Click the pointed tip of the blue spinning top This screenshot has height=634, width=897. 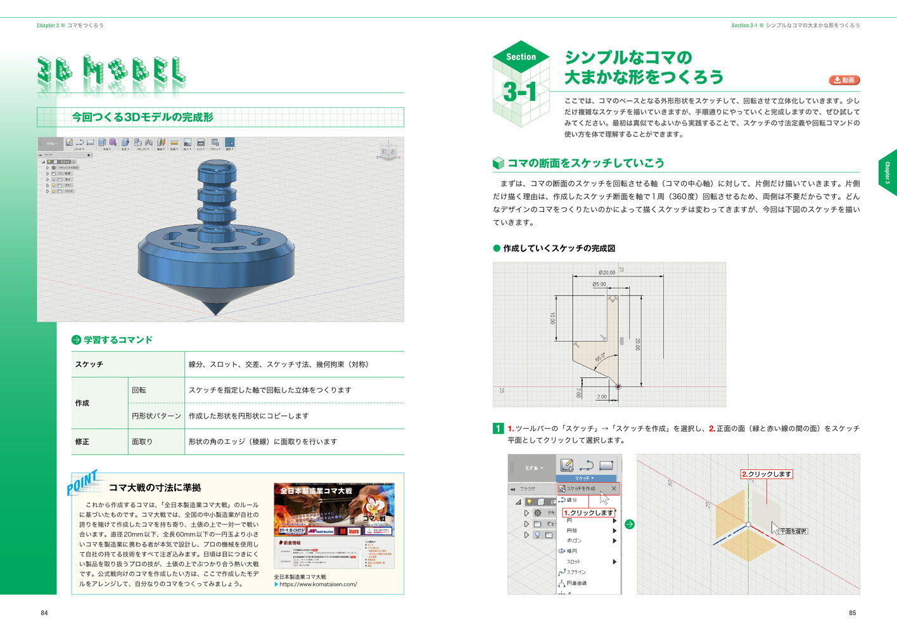(216, 313)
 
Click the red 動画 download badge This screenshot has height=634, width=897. (844, 81)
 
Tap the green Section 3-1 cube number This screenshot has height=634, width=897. (519, 92)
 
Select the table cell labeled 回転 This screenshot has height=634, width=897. (139, 391)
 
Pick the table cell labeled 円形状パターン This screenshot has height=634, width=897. (156, 417)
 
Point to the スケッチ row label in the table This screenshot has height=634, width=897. (89, 365)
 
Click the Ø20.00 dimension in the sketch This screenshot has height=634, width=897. (607, 273)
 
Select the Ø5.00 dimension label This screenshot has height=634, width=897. (599, 285)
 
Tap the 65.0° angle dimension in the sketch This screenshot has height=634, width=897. (600, 358)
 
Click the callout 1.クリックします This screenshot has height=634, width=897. (588, 513)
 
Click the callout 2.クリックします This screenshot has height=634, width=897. (767, 474)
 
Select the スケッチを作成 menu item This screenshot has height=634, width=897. (581, 489)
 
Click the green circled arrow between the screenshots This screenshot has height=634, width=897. (630, 524)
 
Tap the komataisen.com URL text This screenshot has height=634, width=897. (318, 585)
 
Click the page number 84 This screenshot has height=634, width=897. (44, 613)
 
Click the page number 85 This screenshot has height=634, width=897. (852, 613)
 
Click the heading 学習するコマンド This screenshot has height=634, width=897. (118, 340)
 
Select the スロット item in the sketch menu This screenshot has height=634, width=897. (573, 562)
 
